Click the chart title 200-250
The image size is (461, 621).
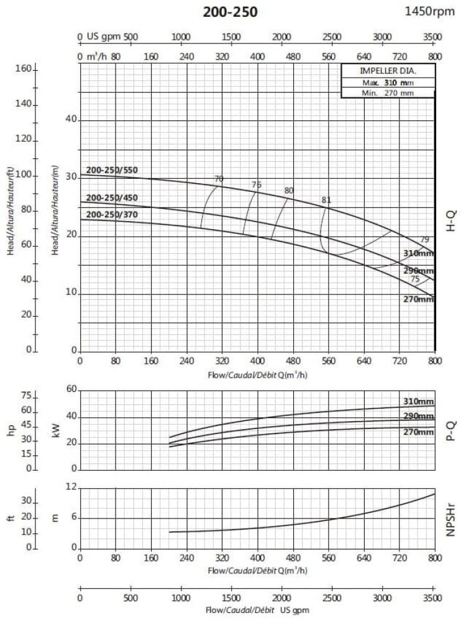point(230,12)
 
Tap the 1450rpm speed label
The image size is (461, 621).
point(430,11)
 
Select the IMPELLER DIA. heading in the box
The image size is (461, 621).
point(388,71)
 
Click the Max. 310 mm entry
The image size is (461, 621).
point(388,83)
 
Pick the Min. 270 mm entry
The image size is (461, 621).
point(388,93)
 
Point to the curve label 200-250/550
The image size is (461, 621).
point(112,171)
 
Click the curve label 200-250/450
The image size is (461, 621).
point(112,198)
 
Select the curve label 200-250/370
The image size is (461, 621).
point(112,215)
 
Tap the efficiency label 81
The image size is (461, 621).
point(326,200)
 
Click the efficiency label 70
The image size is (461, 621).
point(218,179)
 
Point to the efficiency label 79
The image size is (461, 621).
point(425,240)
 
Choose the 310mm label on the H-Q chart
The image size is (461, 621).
point(418,254)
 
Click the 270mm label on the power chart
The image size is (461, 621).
point(418,432)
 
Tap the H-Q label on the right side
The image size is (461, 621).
point(452,220)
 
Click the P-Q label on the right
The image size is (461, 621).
point(452,428)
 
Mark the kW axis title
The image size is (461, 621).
point(57,429)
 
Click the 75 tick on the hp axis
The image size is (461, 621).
point(25,396)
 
